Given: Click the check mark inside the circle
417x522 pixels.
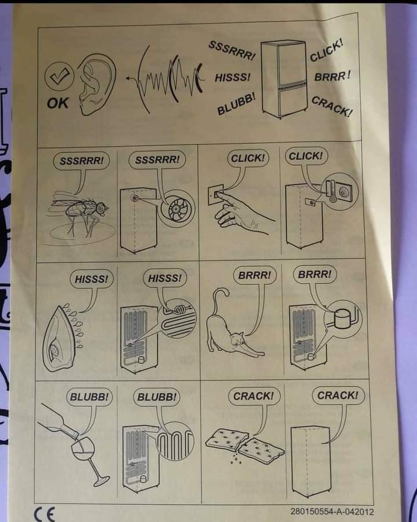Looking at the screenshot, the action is point(60,76).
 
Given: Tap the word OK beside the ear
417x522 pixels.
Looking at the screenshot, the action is point(57,103).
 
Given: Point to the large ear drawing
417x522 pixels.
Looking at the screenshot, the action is point(97,84).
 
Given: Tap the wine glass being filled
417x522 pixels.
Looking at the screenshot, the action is point(87,460).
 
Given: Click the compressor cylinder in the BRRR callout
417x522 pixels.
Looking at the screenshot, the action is point(342,318).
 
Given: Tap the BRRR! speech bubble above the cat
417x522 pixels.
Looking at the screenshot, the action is point(255,275).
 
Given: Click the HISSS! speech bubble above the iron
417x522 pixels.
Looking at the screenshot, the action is point(92,279).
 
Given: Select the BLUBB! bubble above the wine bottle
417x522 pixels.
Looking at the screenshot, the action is point(89,397).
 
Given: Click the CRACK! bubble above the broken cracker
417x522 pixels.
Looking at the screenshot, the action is point(254,396).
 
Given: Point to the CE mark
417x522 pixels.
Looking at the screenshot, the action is point(45,514).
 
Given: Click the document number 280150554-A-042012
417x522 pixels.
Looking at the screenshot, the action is point(332,511).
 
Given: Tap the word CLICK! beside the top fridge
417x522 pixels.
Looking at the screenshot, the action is point(326,50).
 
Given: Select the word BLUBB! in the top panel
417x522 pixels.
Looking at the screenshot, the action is point(236,104).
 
